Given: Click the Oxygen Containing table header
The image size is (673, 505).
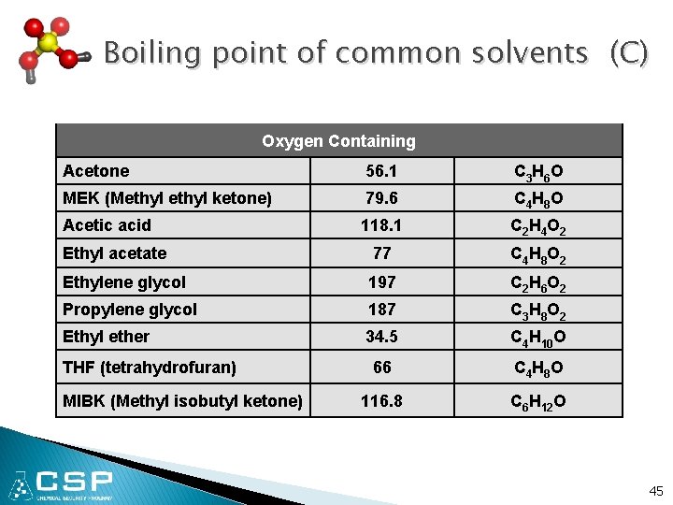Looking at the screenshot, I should point(338,141).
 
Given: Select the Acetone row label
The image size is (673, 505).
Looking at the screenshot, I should point(96,171).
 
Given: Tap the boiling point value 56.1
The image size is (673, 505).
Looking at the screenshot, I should point(381,171).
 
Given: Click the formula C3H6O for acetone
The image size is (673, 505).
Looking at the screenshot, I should point(538,172).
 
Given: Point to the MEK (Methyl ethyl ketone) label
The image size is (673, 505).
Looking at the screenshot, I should point(167,198).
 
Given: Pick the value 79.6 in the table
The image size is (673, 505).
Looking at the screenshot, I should point(381,198).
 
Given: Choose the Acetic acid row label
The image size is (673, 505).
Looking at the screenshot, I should point(107,225).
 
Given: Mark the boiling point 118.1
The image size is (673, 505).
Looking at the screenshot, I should point(381,225).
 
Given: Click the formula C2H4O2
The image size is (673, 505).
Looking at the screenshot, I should point(538,226).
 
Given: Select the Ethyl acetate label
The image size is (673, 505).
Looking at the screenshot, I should point(114,253).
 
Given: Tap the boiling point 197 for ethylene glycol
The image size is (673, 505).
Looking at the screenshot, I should point(381,281).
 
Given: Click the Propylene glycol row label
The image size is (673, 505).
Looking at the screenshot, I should point(130,310).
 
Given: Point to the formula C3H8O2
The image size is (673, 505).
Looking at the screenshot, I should point(538,310).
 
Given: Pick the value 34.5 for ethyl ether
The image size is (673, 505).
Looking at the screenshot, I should point(381,337).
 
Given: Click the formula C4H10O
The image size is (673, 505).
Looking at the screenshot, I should point(538,338).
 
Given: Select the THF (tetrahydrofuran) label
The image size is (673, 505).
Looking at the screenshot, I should point(149,368).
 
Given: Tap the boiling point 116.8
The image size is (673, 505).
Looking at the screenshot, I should point(381,401).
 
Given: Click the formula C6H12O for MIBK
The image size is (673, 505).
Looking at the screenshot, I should point(538,402).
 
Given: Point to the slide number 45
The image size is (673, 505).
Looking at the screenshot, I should point(655,491).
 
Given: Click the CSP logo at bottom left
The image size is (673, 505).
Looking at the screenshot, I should point(62,484).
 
